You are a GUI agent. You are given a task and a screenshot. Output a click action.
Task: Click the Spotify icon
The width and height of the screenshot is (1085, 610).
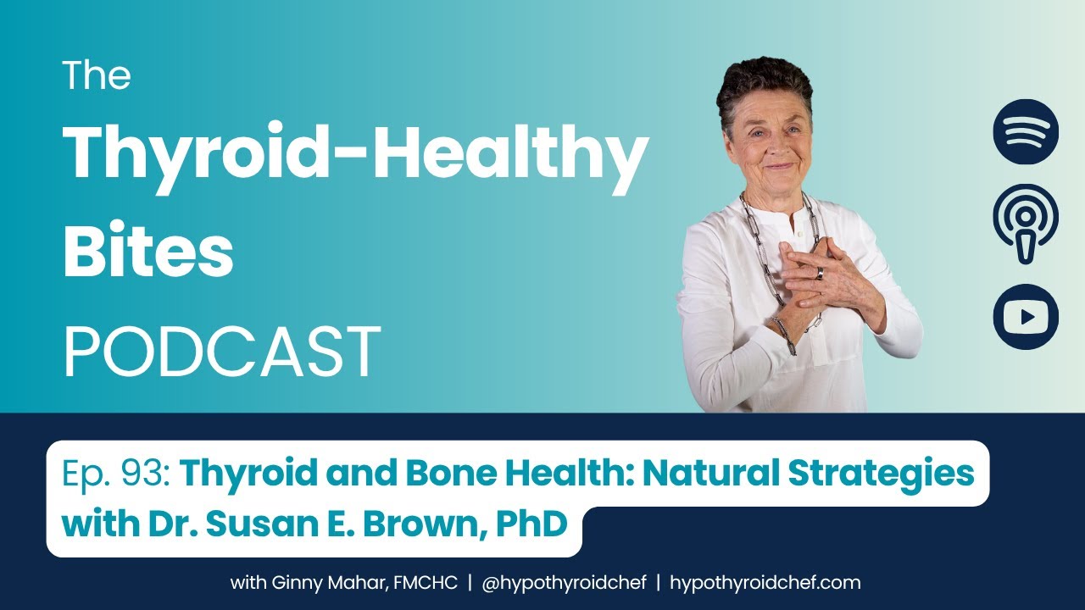coord(1026,131)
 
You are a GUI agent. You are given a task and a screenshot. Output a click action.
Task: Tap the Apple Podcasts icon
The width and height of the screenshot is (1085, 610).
coord(1026,224)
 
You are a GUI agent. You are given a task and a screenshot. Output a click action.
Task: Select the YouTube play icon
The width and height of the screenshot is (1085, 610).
coord(1026,317)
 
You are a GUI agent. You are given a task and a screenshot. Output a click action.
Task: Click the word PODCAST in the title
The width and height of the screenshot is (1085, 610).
coord(222,351)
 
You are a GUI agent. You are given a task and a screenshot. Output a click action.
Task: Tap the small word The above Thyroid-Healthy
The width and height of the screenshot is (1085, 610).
coord(97,75)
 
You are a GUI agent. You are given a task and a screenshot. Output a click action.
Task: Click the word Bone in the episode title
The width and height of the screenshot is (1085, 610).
coord(451,473)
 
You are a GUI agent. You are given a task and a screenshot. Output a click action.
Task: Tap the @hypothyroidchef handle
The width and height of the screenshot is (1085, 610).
coord(564,582)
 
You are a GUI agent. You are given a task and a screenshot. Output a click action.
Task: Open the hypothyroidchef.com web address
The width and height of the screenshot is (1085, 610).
coord(765,582)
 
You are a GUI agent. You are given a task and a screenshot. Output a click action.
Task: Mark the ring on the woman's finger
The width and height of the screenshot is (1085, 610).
coord(819,274)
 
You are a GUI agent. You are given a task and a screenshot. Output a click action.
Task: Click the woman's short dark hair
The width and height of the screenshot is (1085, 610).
coord(765,87)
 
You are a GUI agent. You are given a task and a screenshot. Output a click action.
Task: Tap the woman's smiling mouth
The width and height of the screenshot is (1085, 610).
coord(781,167)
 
